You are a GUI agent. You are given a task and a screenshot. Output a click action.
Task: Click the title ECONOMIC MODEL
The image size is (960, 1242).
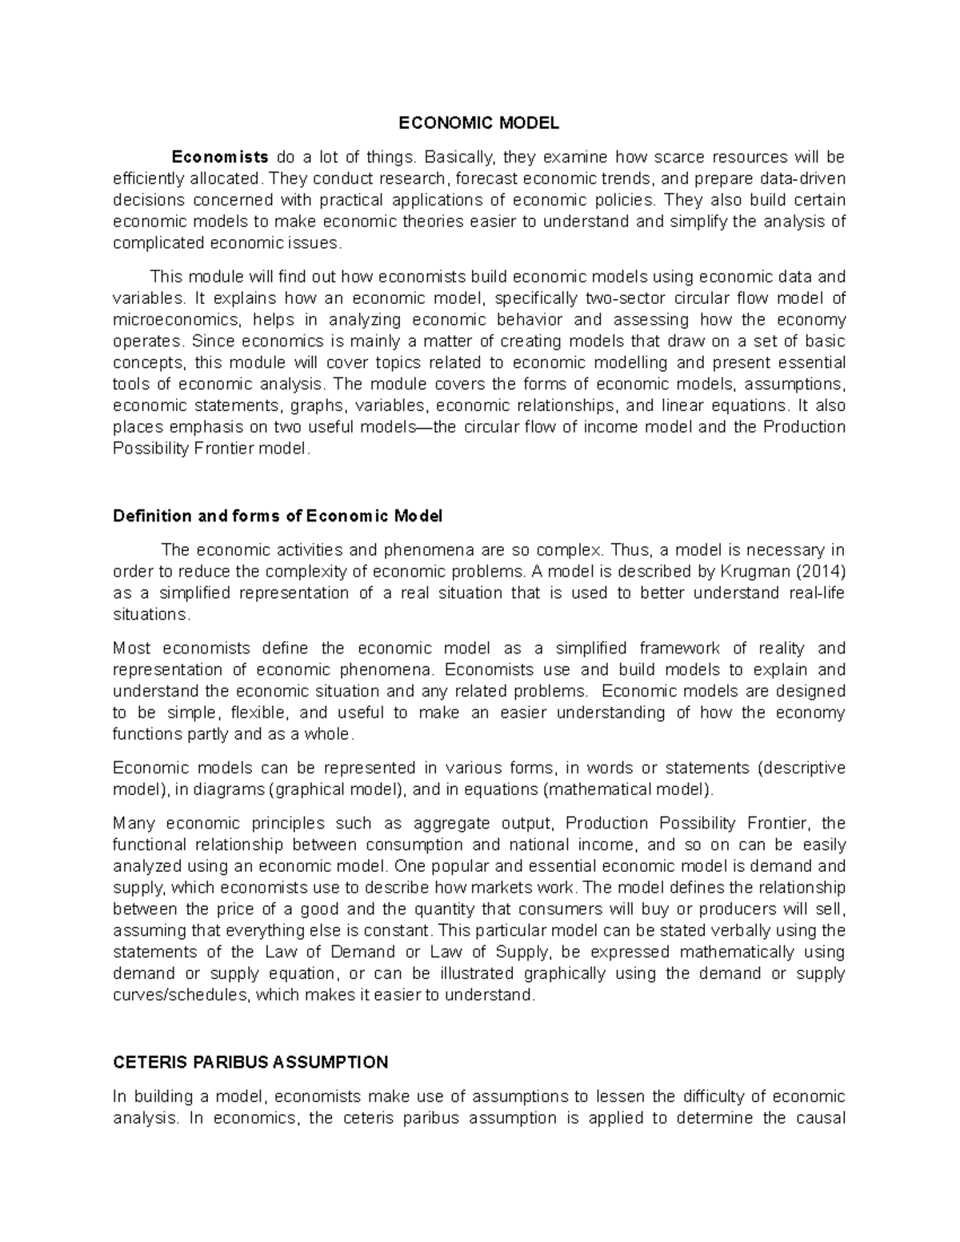pyautogui.click(x=479, y=123)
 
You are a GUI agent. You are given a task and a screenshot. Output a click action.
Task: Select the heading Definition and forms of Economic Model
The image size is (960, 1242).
pyautogui.click(x=278, y=517)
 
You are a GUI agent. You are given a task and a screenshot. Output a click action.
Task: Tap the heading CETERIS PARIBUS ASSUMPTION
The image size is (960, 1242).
pyautogui.click(x=250, y=1063)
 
